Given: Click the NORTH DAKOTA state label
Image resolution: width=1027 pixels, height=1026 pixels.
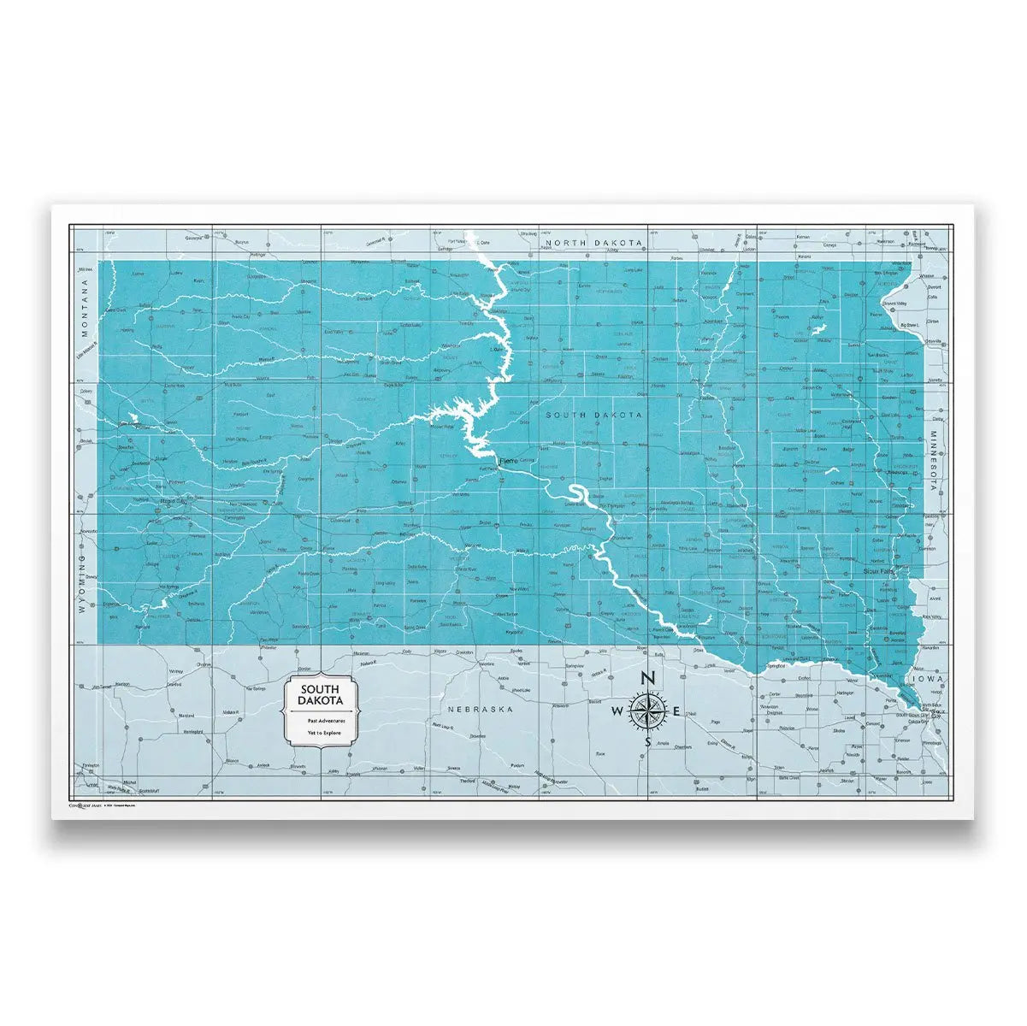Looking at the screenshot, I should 594,243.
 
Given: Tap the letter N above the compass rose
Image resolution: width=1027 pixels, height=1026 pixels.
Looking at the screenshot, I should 647,678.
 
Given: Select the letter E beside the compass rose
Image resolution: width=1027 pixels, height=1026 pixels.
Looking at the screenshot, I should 676,711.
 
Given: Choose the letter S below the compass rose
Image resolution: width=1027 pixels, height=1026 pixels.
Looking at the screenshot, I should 647,743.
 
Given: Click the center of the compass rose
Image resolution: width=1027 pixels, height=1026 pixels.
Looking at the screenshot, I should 647,711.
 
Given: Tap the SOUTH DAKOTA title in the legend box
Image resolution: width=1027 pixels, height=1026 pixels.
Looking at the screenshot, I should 321,694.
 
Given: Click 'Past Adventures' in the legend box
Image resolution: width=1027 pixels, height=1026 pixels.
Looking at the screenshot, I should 321,721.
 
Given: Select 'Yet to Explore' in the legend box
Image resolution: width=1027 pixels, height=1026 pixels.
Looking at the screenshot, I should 321,733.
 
